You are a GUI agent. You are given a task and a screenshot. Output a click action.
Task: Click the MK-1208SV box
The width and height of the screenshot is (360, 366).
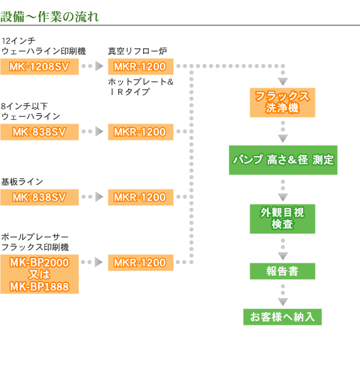(39, 67)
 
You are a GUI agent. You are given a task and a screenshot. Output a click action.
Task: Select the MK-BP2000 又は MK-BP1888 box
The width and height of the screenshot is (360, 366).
(39, 274)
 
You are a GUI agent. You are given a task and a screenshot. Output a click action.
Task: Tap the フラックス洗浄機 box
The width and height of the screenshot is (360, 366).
(282, 103)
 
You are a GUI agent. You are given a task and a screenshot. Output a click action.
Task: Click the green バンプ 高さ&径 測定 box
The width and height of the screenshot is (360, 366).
(283, 160)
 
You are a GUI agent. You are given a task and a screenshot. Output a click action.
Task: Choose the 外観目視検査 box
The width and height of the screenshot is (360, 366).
(282, 219)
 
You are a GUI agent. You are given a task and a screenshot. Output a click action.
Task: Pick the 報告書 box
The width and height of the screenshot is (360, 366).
(282, 271)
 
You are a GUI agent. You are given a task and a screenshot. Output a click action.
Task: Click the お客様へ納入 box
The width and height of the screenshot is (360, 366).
(282, 317)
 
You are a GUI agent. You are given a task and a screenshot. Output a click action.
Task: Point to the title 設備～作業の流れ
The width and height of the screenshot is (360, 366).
(50, 17)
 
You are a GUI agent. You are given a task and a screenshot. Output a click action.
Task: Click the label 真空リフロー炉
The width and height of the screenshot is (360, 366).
(137, 51)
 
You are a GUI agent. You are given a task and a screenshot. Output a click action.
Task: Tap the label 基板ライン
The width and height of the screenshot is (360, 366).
(22, 182)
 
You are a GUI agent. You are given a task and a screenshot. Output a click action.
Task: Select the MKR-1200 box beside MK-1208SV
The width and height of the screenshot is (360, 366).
(140, 67)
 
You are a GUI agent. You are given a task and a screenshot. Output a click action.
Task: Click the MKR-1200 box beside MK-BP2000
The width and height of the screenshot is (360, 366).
(140, 263)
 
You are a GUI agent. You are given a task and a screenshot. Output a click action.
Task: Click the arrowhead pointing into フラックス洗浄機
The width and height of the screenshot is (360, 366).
(283, 81)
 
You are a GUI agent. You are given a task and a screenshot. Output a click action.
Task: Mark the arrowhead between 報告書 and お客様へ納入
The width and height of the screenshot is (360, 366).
(283, 301)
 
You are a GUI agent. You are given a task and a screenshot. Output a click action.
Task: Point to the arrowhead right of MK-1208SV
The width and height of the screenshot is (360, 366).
(99, 66)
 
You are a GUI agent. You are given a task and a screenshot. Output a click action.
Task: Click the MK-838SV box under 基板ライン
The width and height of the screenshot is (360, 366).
(39, 197)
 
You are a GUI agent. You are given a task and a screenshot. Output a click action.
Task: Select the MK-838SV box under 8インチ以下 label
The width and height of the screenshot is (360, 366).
(39, 132)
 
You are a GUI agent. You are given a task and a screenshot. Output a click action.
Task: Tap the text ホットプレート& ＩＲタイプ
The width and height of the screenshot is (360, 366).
(140, 86)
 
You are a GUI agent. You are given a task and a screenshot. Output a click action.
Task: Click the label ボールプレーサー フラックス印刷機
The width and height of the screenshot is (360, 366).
(35, 242)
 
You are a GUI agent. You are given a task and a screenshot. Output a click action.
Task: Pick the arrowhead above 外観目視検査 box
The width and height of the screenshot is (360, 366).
(283, 197)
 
